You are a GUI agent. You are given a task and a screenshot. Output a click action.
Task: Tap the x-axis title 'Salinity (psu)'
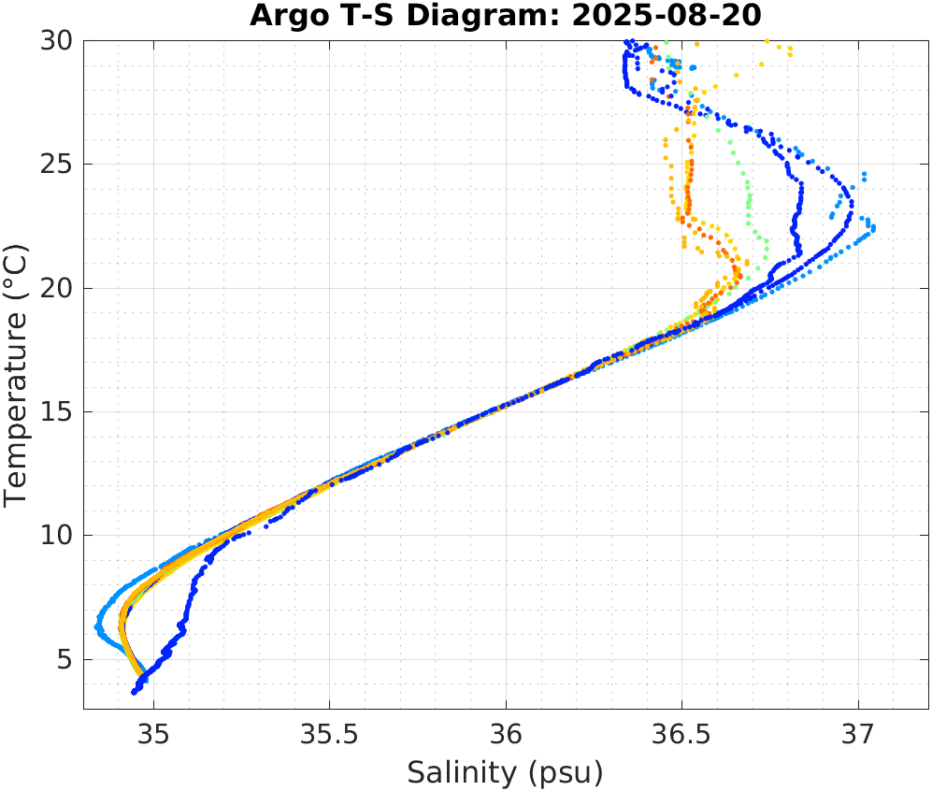tap(505, 772)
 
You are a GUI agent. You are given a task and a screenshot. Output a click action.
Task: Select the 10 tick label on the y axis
tap(57, 536)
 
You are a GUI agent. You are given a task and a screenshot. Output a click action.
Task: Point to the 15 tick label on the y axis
tap(57, 412)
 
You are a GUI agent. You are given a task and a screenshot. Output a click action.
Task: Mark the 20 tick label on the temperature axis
tap(57, 288)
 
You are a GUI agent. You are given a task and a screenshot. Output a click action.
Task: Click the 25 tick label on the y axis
tap(57, 165)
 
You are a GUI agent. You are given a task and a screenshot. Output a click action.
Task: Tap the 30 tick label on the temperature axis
tap(57, 41)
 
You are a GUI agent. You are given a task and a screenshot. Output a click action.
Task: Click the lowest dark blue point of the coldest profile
tap(135, 692)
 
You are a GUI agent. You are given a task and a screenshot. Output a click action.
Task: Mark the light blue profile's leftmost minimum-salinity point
tap(97, 626)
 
